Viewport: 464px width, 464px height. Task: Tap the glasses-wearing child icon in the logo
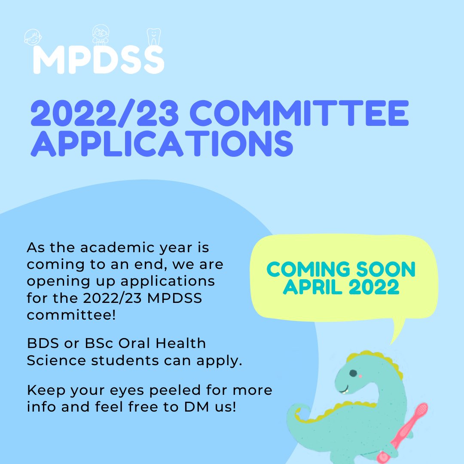point(101,34)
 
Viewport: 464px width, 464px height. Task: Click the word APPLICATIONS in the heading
point(162,144)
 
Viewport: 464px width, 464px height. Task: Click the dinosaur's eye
point(353,374)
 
